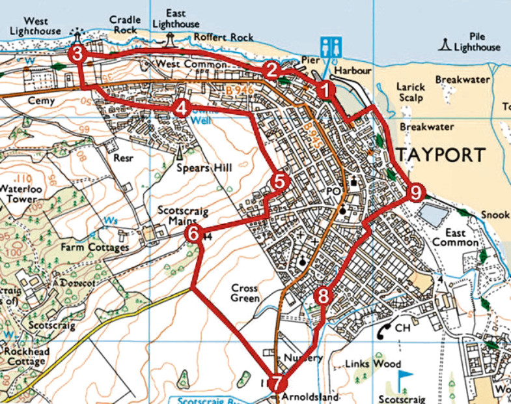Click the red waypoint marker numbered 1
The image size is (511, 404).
coord(325,88)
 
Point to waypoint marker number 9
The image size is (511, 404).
coord(416,192)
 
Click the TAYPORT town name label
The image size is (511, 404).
coord(440,155)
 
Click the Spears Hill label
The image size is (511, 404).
coord(204,168)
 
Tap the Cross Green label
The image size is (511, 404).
coord(244,293)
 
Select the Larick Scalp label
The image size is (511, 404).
coord(410,92)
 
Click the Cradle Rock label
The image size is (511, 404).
coord(124,25)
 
